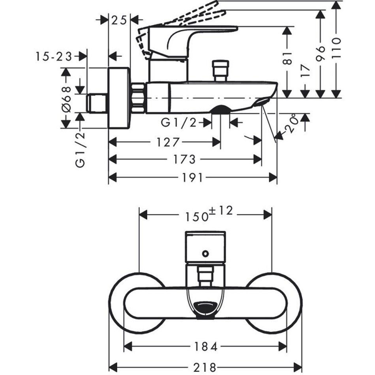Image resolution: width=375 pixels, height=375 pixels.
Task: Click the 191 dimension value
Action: [x=193, y=178]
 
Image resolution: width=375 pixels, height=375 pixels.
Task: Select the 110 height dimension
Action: [x=336, y=47]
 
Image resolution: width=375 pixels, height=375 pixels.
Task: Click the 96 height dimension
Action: [x=321, y=53]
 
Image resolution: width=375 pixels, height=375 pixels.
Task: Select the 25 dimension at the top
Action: [x=119, y=20]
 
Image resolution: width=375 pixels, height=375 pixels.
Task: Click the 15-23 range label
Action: [x=53, y=56]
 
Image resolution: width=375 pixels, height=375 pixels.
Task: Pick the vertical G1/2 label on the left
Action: [x=80, y=150]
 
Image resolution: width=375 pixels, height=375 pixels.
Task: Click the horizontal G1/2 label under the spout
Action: [x=178, y=123]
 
